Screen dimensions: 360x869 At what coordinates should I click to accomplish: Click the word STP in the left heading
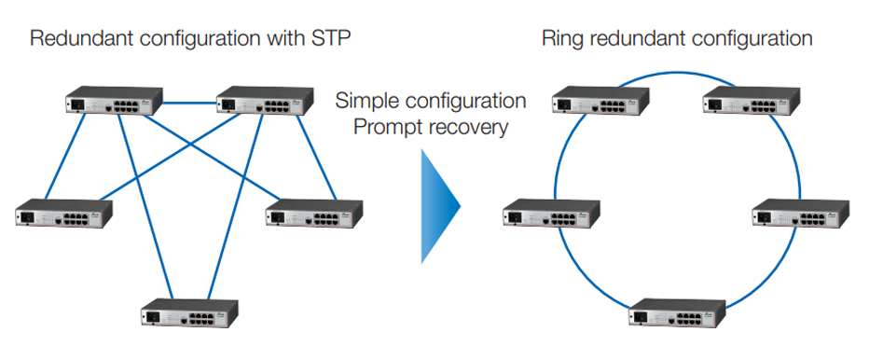point(329,38)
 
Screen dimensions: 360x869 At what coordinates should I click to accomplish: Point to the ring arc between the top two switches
point(676,75)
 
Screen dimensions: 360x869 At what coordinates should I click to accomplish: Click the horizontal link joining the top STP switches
point(190,102)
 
